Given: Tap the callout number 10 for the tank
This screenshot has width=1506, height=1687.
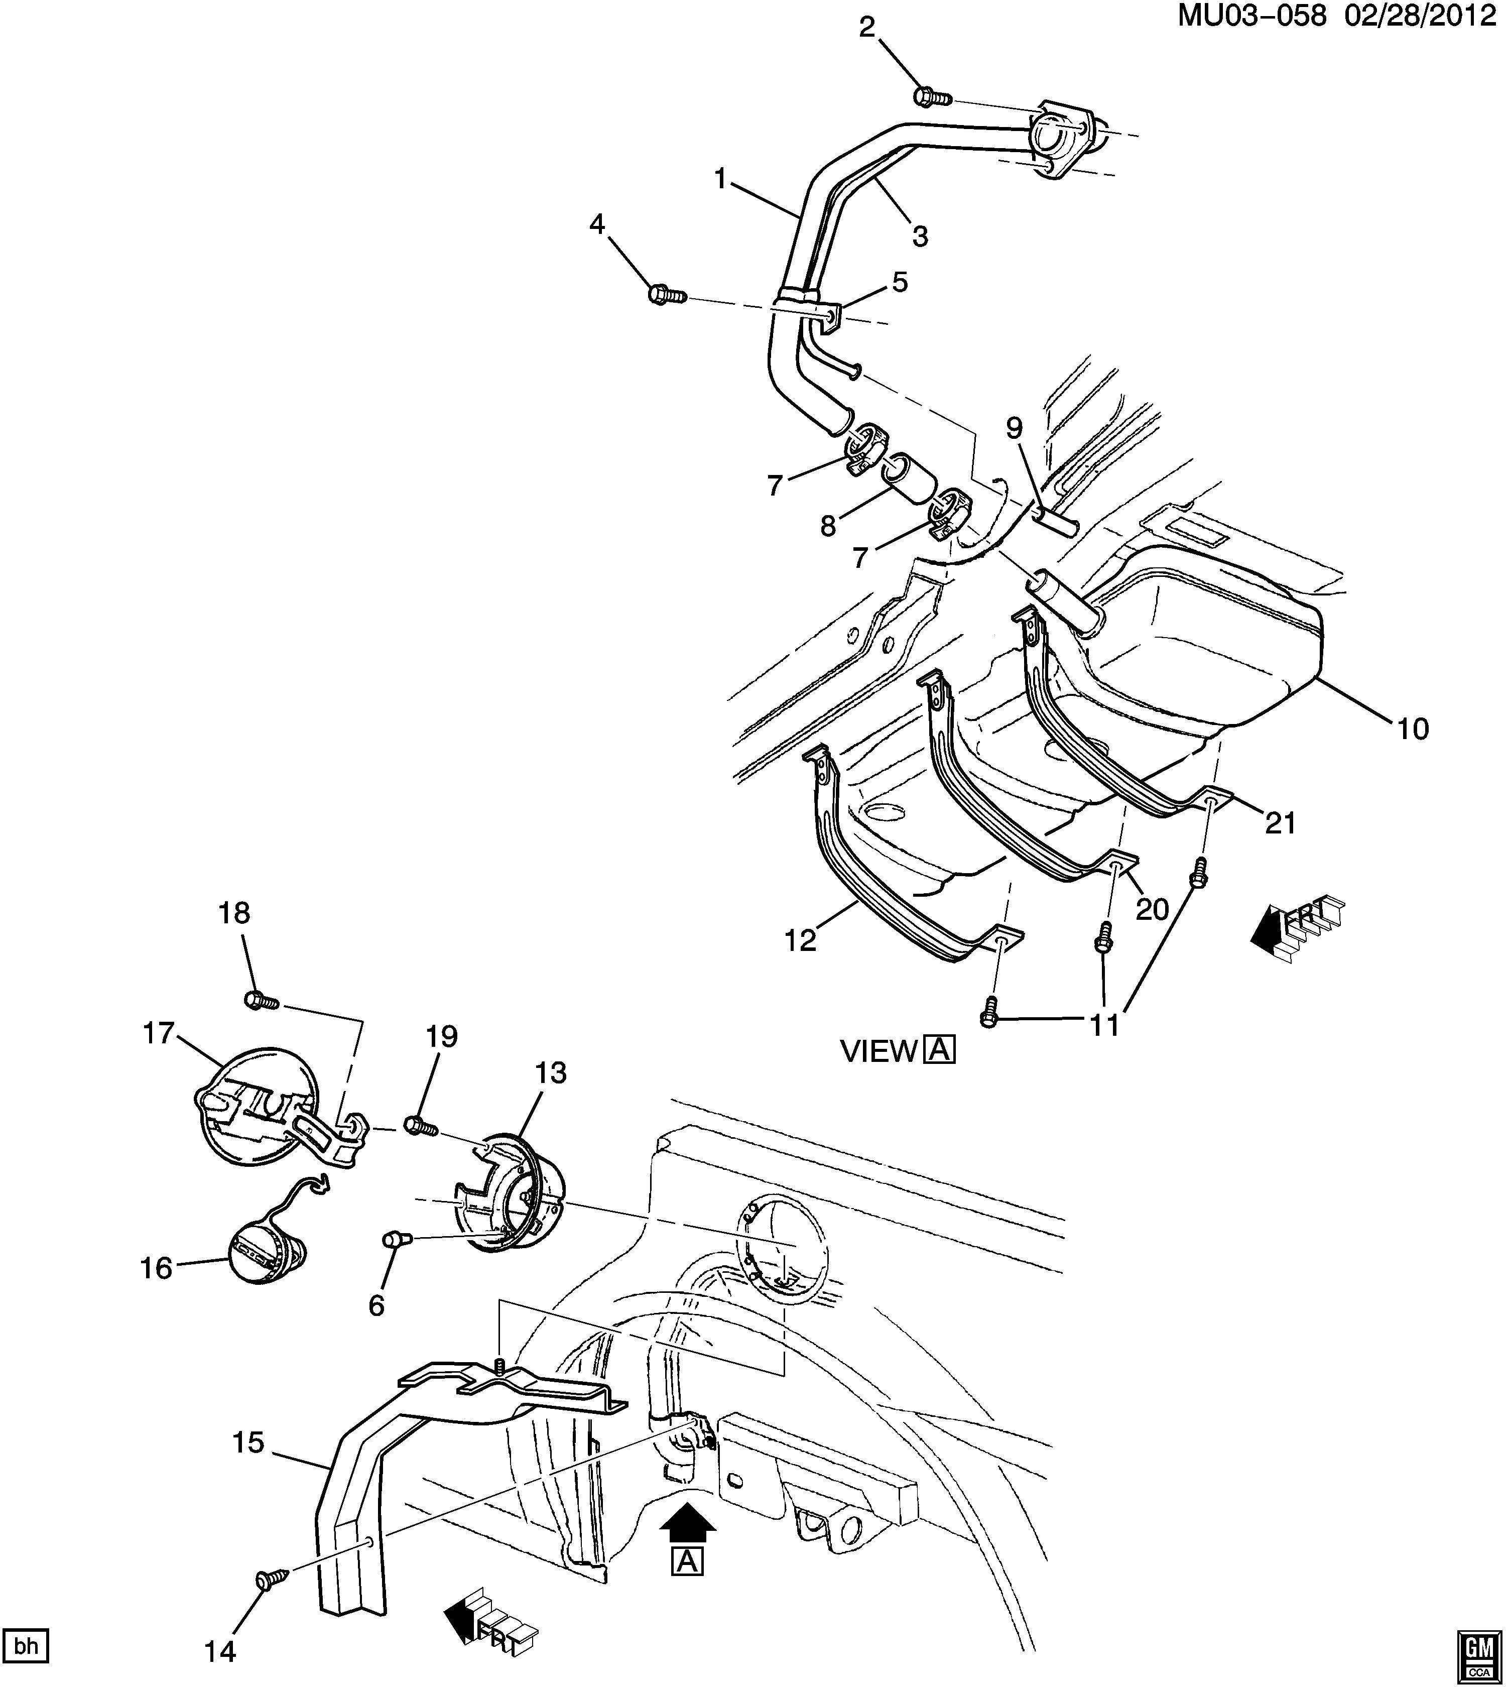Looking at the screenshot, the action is [1413, 729].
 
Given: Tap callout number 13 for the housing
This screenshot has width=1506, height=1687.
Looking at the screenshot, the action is [550, 1073].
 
